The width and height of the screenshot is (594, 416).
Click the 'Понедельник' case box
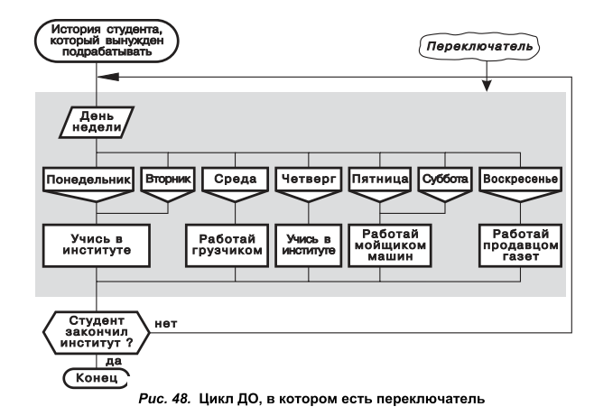click(x=88, y=179)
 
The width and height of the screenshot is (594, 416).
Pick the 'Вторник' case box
click(x=168, y=179)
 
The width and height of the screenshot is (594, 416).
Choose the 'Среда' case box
click(x=234, y=179)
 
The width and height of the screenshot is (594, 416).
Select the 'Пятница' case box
click(x=379, y=179)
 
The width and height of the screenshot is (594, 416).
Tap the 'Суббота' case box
click(x=445, y=179)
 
